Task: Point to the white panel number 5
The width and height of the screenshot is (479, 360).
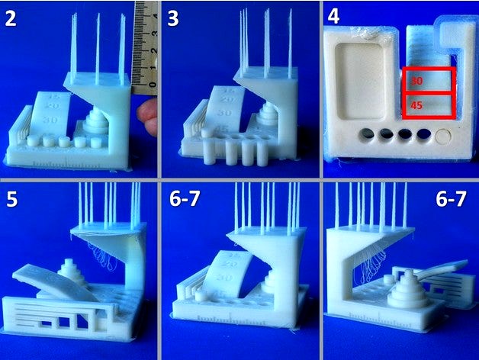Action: click(x=12, y=201)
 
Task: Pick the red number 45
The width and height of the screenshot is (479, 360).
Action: click(x=416, y=106)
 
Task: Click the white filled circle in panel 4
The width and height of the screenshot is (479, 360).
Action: click(x=445, y=138)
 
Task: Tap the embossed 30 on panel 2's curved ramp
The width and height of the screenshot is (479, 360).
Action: click(x=52, y=120)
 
